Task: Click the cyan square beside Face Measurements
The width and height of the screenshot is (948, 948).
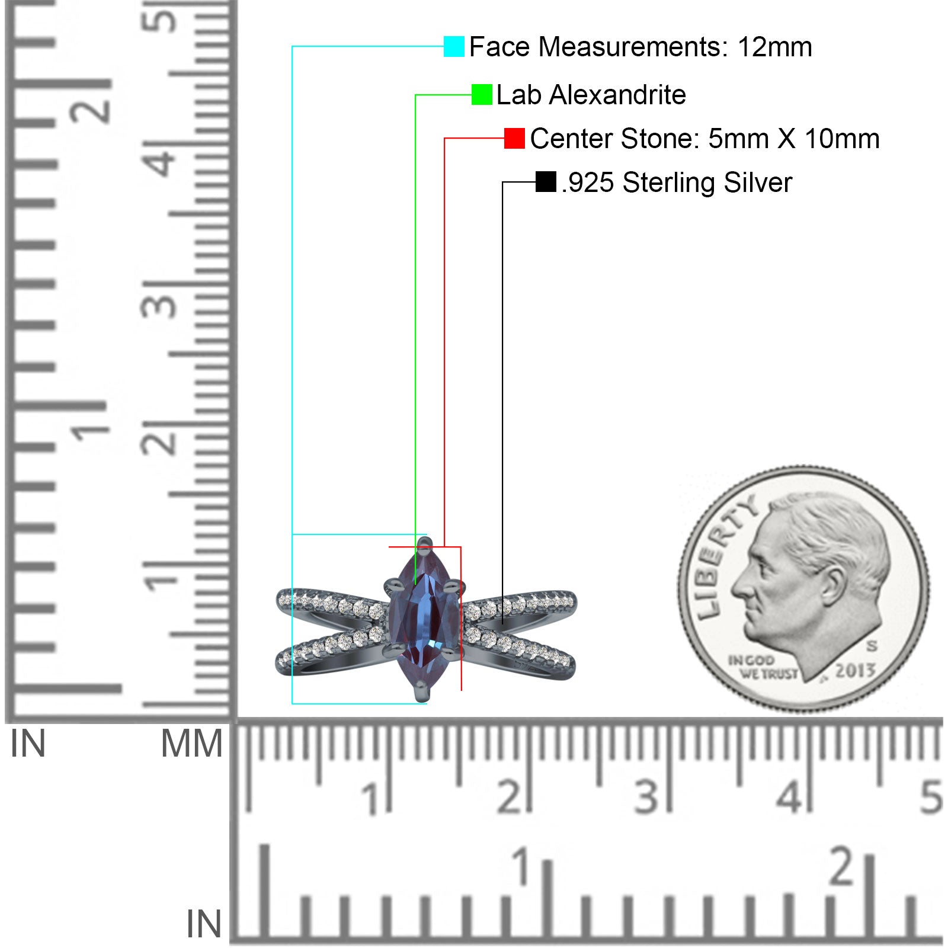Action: (x=454, y=46)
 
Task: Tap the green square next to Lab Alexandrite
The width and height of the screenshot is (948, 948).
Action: (x=482, y=95)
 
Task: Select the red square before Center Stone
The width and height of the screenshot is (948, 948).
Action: (x=514, y=139)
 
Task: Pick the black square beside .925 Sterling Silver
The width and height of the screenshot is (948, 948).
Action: (x=546, y=182)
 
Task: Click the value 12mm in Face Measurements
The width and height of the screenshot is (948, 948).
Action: (x=774, y=47)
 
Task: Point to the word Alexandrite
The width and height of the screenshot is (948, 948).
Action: (x=617, y=95)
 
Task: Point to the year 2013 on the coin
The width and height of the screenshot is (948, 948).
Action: (x=855, y=670)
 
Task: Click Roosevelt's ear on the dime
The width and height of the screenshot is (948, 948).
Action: (x=834, y=584)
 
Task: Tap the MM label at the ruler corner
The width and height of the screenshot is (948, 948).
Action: (x=192, y=744)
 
